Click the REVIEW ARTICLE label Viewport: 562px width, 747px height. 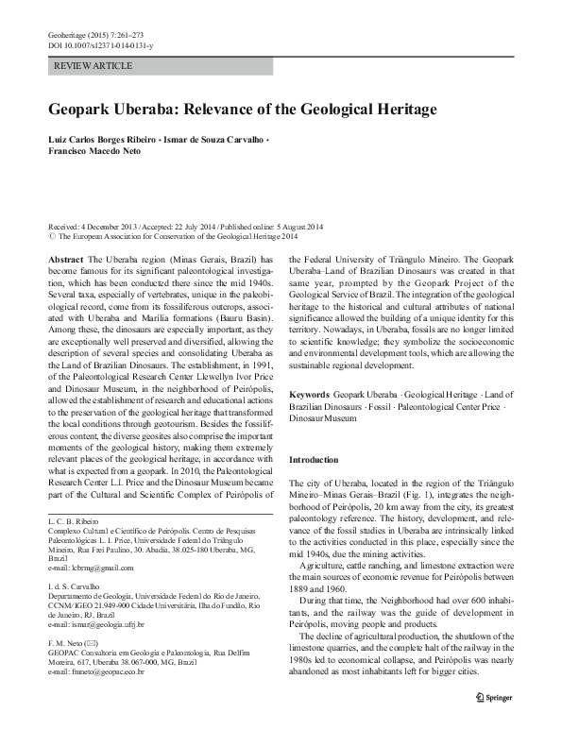(x=94, y=65)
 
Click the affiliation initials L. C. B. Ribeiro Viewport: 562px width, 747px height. (x=77, y=520)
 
